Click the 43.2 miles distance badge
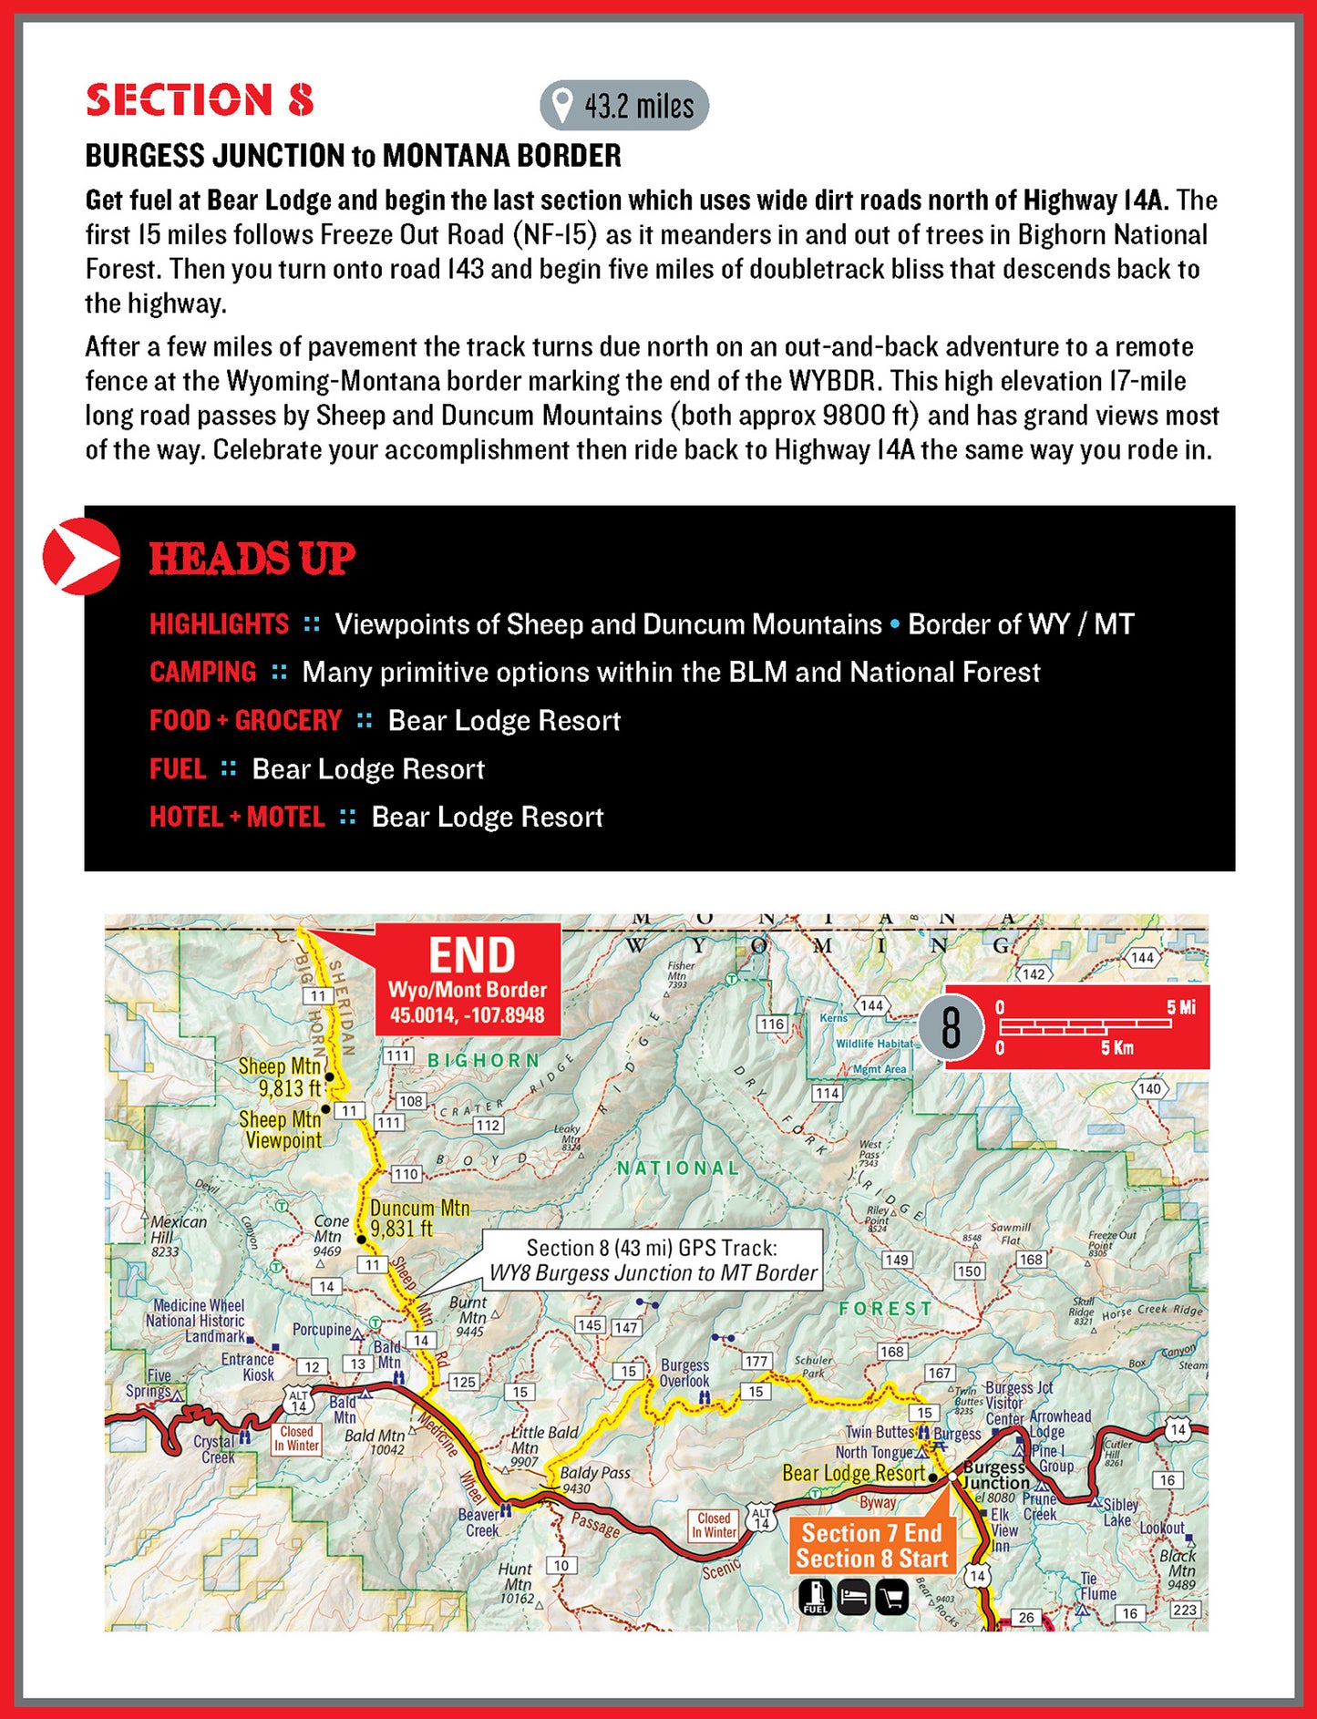pyautogui.click(x=624, y=106)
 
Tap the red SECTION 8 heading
pyautogui.click(x=200, y=100)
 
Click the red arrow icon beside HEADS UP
pyautogui.click(x=81, y=556)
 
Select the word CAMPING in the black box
pyautogui.click(x=202, y=673)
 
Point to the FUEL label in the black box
pyautogui.click(x=178, y=769)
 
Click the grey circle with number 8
pyautogui.click(x=951, y=1028)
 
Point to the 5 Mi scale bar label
pyautogui.click(x=1180, y=1007)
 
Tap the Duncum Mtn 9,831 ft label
pyautogui.click(x=420, y=1219)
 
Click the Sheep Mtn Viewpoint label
pyautogui.click(x=281, y=1129)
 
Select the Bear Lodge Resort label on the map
pyautogui.click(x=853, y=1473)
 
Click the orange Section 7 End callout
pyautogui.click(x=871, y=1546)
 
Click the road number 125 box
pyautogui.click(x=464, y=1382)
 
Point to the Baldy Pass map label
pyautogui.click(x=594, y=1473)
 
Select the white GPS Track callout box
pyautogui.click(x=652, y=1261)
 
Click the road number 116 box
pyautogui.click(x=772, y=1024)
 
